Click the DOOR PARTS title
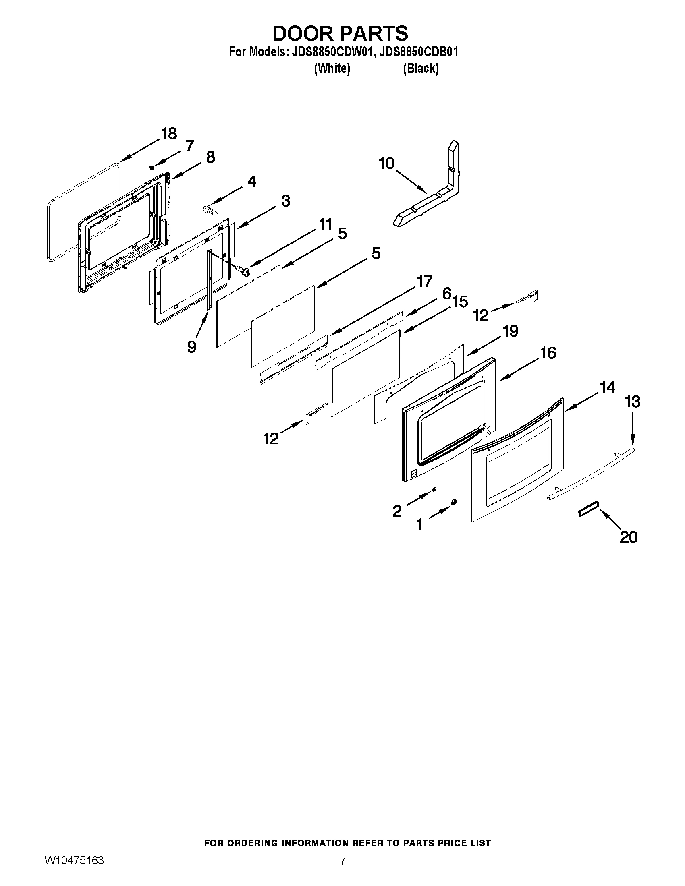(340, 33)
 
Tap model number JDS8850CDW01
(332, 52)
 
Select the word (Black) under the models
(421, 68)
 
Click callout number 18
(169, 133)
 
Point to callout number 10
(386, 164)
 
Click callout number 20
(629, 537)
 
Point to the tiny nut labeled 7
(152, 167)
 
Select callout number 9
(192, 346)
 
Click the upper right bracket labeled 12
(527, 297)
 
